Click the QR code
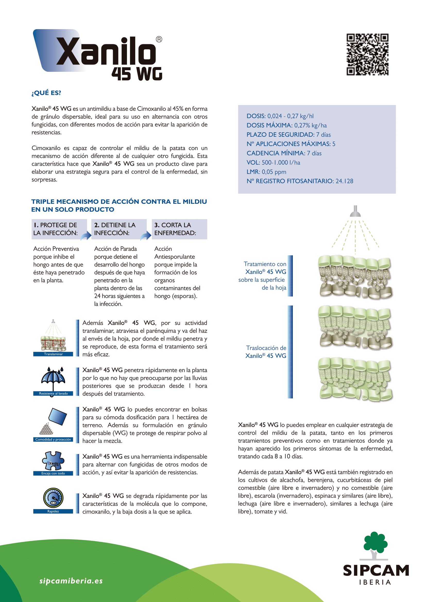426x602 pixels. [367, 54]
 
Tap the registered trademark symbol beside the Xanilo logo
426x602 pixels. [159, 39]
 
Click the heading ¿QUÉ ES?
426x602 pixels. [46, 93]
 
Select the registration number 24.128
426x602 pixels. [344, 181]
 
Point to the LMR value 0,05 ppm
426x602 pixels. [274, 172]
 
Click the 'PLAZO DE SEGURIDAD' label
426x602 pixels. [280, 135]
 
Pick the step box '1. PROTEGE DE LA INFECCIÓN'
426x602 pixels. [59, 229]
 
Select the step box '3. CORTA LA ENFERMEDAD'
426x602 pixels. [179, 229]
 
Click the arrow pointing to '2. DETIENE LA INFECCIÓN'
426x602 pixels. [86, 236]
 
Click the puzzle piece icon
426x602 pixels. [53, 461]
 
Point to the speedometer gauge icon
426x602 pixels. [53, 498]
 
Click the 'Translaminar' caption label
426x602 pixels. [53, 354]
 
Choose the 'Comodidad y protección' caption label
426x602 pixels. [53, 439]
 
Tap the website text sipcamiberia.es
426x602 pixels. [71, 581]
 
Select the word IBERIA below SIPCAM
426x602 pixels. [375, 582]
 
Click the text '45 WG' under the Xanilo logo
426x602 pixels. [137, 74]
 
